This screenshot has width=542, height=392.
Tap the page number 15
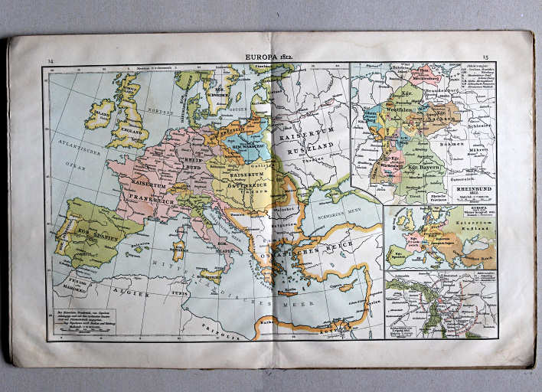click(x=485, y=57)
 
